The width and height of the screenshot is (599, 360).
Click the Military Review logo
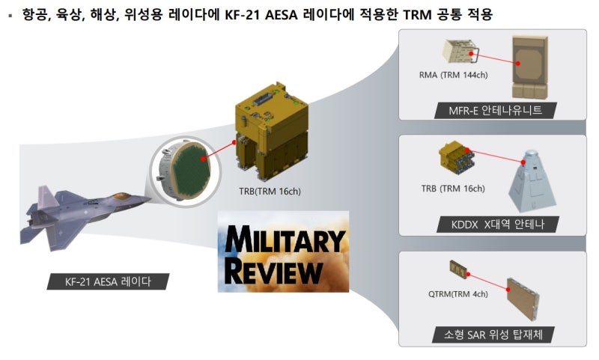tap(283, 251)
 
